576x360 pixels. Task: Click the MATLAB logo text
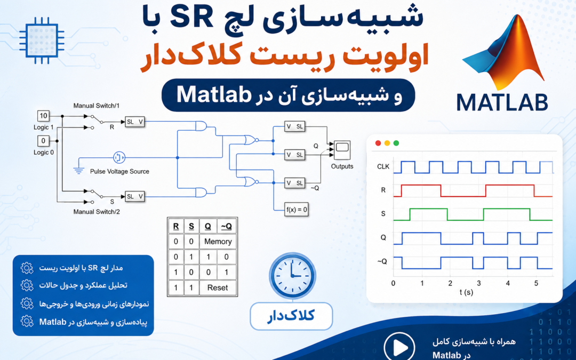[502, 102]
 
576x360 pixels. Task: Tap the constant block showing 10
[43, 116]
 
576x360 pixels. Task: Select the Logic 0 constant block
[43, 141]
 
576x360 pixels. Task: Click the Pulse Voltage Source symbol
[118, 157]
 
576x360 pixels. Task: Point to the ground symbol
[78, 170]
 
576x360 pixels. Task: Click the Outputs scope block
[342, 150]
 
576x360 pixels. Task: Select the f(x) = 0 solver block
[297, 210]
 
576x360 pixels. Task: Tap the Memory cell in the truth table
[218, 242]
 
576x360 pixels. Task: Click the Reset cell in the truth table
[218, 287]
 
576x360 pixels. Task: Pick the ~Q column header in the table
[226, 226]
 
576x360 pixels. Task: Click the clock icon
[292, 276]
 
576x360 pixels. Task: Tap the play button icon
[399, 347]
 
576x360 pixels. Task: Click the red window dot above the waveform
[378, 143]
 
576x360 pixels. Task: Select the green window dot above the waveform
[396, 143]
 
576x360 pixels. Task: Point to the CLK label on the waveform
[383, 167]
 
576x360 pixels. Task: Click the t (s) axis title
[466, 293]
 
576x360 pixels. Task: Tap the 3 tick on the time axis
[479, 284]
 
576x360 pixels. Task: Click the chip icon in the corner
[42, 41]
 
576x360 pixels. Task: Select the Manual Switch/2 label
[97, 212]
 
